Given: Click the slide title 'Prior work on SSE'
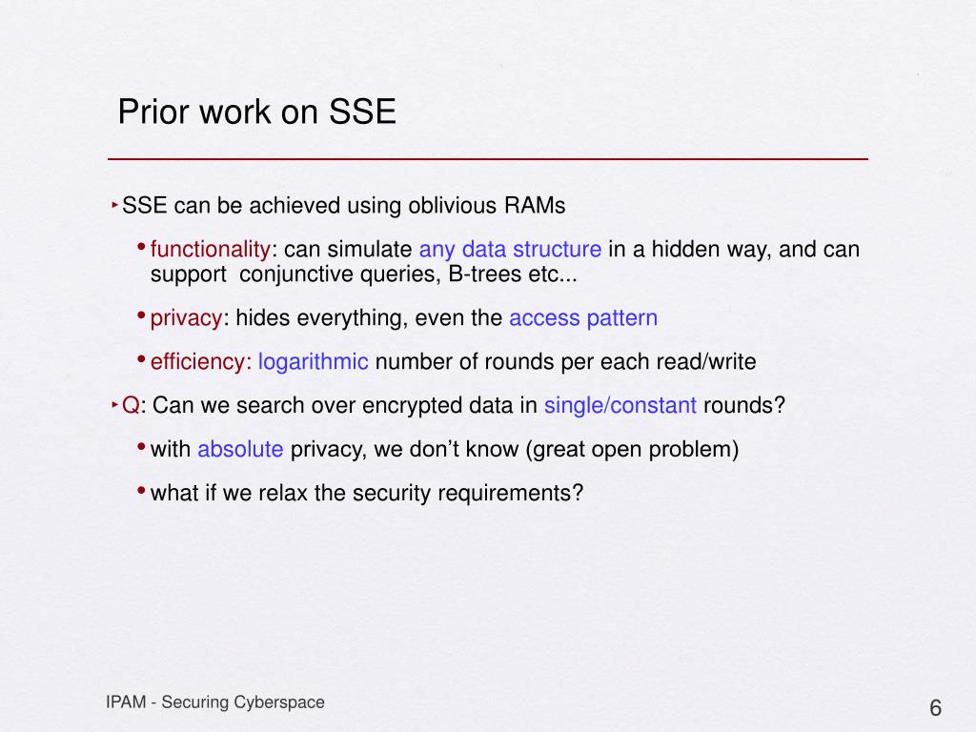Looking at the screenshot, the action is point(257,112).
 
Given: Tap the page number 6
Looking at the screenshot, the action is point(935,708).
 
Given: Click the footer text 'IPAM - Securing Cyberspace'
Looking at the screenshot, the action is point(215,702).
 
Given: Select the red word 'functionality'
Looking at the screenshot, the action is point(211,249).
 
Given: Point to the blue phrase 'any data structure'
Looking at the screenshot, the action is point(511,249).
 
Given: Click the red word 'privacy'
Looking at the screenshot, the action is point(186,318).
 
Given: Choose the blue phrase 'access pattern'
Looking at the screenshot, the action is point(583,318).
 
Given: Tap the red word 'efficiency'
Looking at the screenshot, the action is point(198,361).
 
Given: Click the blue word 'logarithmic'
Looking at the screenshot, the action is point(313,361).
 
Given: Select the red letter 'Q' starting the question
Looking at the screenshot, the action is point(131,405).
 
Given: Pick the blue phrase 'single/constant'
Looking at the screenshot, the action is point(620,405).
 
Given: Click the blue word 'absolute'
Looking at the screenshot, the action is point(240,449).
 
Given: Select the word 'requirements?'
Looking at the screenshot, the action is point(511,493).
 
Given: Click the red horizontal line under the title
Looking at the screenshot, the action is point(488,159).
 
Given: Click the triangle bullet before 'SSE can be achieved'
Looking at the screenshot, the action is point(115,204).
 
